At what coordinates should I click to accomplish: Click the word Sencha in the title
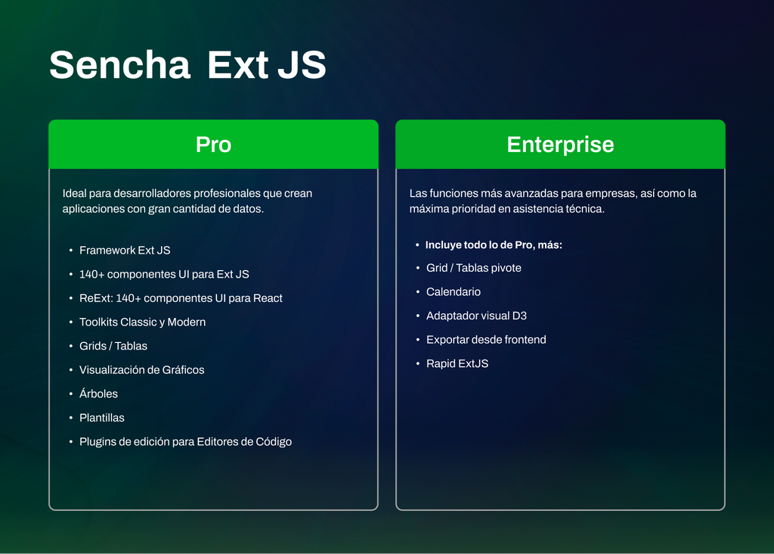(x=119, y=65)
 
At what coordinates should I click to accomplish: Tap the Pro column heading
(x=213, y=145)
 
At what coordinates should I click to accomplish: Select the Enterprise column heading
(x=560, y=145)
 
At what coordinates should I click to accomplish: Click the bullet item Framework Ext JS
(x=125, y=251)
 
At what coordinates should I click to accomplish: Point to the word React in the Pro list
(x=268, y=298)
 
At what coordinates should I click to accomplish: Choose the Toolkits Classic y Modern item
(x=142, y=322)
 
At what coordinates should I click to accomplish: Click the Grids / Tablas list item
(x=113, y=346)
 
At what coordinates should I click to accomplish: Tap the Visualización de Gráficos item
(x=141, y=370)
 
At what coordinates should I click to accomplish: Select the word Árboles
(x=98, y=394)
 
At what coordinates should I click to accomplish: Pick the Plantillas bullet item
(x=102, y=418)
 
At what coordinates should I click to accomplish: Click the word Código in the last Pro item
(x=273, y=442)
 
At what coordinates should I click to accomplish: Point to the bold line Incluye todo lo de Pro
(x=494, y=245)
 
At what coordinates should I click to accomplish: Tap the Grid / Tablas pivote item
(x=474, y=268)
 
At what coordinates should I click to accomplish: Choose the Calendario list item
(x=454, y=292)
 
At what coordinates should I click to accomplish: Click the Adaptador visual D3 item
(x=476, y=316)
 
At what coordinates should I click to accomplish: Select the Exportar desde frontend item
(x=486, y=340)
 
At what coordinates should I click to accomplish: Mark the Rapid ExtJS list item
(x=457, y=364)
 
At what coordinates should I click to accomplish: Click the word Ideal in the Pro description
(x=75, y=194)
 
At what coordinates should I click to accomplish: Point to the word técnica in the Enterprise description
(x=584, y=209)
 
